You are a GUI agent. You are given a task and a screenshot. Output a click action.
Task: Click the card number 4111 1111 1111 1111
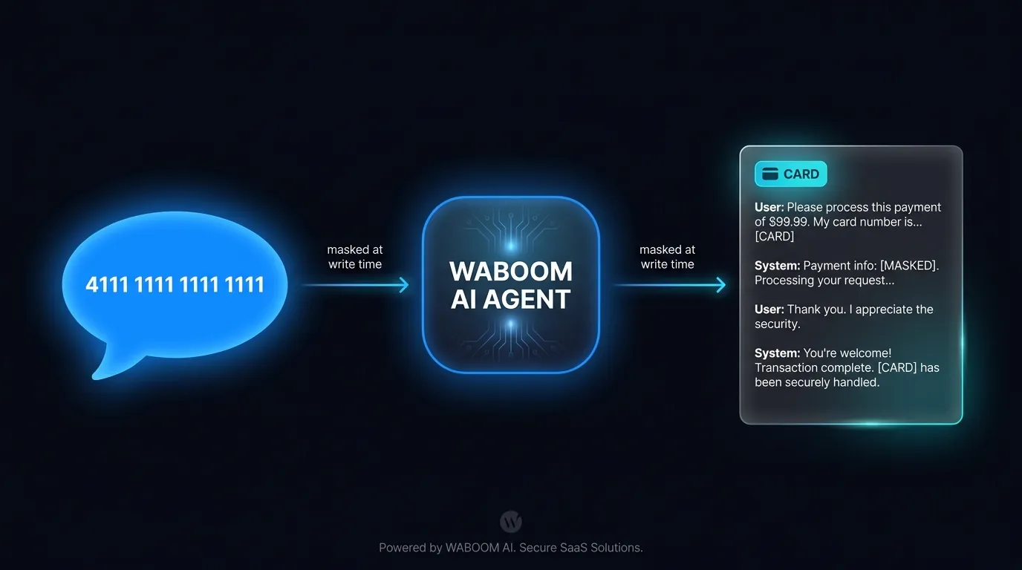click(x=175, y=284)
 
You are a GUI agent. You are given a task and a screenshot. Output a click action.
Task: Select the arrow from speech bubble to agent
click(x=356, y=285)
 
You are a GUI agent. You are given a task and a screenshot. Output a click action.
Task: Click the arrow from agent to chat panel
click(x=669, y=285)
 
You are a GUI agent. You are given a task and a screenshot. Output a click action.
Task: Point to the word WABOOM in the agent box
click(x=510, y=272)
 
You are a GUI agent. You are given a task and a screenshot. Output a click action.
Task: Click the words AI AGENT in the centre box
click(x=510, y=300)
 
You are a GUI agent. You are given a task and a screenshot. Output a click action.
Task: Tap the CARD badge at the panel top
click(x=791, y=174)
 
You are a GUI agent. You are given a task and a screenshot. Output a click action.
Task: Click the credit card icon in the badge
click(x=770, y=174)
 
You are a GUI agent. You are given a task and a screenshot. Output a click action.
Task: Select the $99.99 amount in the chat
click(x=788, y=222)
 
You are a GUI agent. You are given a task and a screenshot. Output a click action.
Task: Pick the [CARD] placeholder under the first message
click(x=774, y=237)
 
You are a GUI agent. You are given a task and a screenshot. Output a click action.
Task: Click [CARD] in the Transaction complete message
click(x=897, y=368)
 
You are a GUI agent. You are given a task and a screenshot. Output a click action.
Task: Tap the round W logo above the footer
click(x=510, y=521)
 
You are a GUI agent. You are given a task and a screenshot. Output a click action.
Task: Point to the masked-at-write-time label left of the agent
click(x=355, y=257)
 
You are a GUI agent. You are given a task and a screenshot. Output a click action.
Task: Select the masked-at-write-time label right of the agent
click(x=668, y=257)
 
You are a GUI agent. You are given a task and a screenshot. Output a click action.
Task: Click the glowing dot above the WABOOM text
click(x=510, y=246)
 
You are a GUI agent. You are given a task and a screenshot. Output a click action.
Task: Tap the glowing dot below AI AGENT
click(x=510, y=324)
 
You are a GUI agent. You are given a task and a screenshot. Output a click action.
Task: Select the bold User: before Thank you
click(x=769, y=309)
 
